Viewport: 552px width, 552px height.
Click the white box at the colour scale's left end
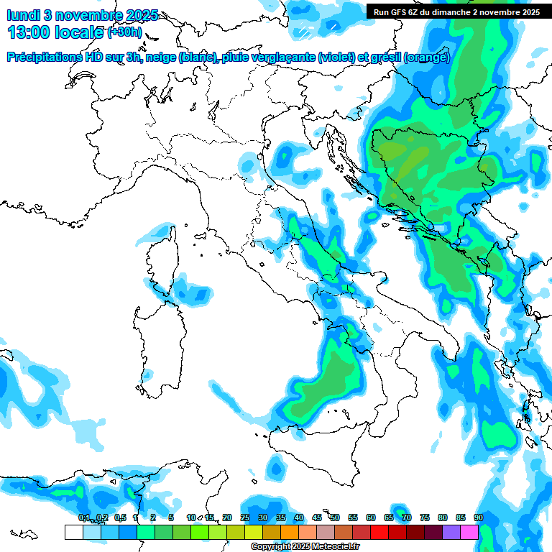73,532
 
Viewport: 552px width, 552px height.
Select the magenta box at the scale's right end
469,532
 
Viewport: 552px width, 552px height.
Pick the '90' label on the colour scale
479,517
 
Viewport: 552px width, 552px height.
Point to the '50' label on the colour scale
335,517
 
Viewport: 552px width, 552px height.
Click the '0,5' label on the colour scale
120,517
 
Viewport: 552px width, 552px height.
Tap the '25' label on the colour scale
245,517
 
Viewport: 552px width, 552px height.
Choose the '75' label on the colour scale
425,517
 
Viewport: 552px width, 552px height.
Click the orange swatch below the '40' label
290,532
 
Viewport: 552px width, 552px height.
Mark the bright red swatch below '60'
379,532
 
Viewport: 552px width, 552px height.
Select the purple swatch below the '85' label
451,532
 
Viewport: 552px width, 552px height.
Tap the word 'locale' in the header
79,32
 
